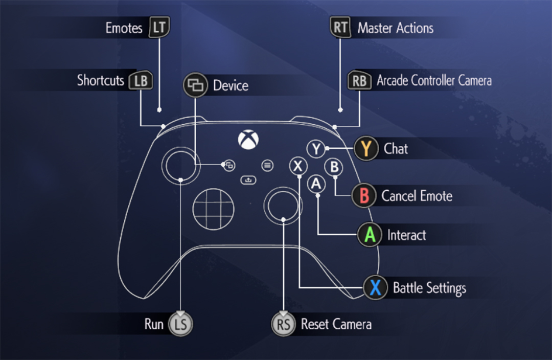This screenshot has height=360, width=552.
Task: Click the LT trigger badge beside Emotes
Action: pos(158,28)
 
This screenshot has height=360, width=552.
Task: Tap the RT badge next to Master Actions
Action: pos(341,28)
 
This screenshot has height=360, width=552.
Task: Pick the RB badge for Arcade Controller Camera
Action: pos(359,81)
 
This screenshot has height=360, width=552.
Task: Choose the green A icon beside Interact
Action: pos(370,235)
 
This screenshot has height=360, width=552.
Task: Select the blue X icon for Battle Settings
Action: pos(376,287)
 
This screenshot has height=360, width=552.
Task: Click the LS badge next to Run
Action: pos(180,324)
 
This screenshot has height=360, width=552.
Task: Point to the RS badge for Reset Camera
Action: pos(283,324)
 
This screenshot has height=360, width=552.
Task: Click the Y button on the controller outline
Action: pos(316,149)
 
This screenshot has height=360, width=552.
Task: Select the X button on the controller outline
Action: pos(298,166)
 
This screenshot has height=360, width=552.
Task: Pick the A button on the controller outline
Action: pos(317,183)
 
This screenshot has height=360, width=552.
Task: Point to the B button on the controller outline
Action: pos(335,166)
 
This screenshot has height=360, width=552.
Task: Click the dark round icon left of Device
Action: pos(195,85)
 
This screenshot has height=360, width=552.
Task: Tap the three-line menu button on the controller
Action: pos(267,165)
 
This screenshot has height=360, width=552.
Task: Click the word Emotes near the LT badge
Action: pos(124,28)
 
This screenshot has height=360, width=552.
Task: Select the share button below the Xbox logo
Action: pos(248,179)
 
